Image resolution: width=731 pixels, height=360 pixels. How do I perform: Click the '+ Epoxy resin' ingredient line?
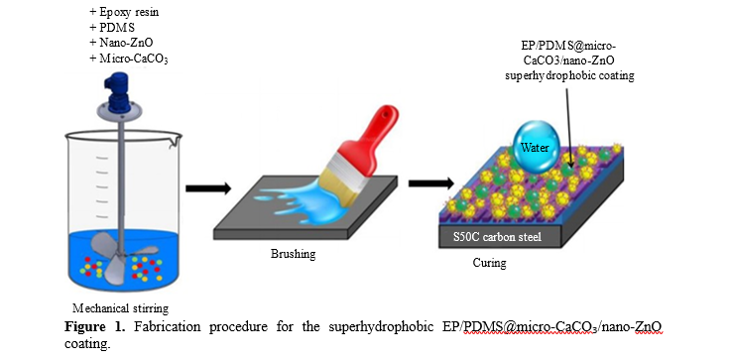[x=124, y=12]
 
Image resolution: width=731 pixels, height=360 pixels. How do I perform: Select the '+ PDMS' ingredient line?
[x=112, y=28]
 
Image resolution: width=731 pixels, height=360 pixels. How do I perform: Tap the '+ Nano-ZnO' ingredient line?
[x=121, y=43]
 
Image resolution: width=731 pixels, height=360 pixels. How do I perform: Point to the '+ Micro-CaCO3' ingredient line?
[x=129, y=59]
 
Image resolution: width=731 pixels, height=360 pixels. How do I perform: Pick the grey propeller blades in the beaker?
[x=123, y=256]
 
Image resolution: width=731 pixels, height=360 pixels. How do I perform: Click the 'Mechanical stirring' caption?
[x=120, y=308]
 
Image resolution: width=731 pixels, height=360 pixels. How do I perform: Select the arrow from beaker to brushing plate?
[x=208, y=188]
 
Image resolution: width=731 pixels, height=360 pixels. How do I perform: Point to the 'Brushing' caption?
[x=294, y=254]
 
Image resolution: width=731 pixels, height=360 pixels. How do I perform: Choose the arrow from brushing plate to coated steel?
[x=431, y=183]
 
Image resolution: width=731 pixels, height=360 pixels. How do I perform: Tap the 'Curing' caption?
[x=490, y=263]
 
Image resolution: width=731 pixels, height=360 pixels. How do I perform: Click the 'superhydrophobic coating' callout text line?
[x=569, y=75]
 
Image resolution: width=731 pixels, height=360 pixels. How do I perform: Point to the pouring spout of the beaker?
[x=176, y=136]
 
